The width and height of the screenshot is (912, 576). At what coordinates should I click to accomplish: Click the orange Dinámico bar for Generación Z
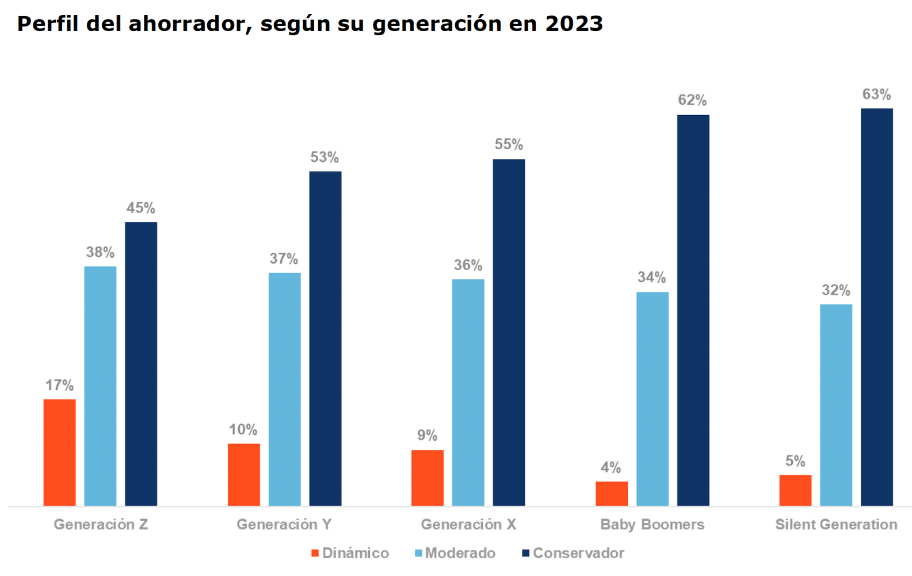(59, 452)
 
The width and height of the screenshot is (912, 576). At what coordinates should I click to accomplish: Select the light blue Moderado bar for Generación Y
(284, 389)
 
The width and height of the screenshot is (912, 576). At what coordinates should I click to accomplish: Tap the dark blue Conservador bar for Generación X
(509, 332)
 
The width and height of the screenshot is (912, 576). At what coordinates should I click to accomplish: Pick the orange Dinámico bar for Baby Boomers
(612, 494)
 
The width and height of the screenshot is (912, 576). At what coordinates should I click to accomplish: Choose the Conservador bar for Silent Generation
(876, 307)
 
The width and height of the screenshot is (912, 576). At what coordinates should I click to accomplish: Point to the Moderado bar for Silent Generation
(835, 405)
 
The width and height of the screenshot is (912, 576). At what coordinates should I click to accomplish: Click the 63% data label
(876, 94)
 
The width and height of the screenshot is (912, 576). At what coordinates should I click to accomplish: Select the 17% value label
(59, 385)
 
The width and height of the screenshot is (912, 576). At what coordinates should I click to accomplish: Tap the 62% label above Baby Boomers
(692, 101)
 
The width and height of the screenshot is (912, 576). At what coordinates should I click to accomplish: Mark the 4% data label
(611, 467)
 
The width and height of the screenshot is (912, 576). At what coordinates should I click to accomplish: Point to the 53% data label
(325, 157)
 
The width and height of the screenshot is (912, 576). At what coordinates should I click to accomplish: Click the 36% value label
(468, 266)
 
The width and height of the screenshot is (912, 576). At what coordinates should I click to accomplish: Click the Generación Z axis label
(101, 524)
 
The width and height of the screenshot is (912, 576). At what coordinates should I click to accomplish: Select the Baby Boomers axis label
(652, 524)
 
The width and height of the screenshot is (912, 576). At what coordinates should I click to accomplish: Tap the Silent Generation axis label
(835, 524)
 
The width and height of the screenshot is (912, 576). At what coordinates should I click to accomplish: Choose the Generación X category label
(468, 524)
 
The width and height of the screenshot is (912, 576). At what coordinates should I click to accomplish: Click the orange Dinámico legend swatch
(315, 553)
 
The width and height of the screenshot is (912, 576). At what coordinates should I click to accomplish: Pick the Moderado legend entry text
(460, 553)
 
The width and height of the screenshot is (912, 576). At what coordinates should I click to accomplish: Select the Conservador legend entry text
(578, 553)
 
